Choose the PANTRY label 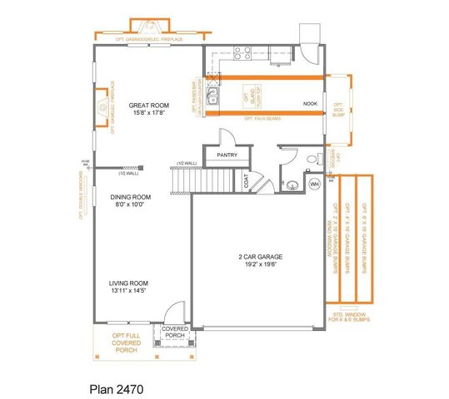click(x=227, y=154)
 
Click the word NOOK click(x=310, y=104)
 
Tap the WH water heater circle click(x=315, y=184)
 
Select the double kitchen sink click(x=213, y=96)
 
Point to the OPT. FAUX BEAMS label click(x=262, y=120)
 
